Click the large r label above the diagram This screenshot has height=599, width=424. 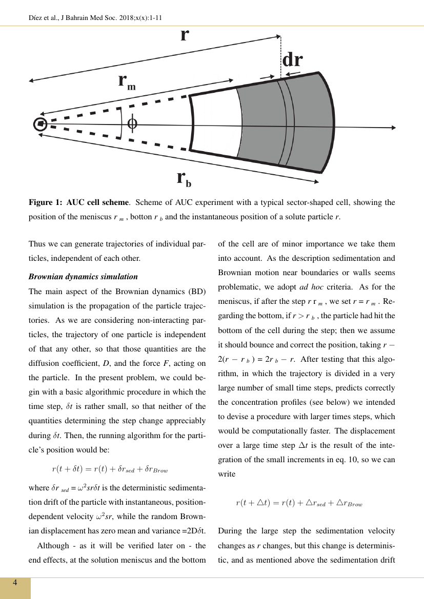click(185, 35)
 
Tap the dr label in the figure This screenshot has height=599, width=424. click(292, 60)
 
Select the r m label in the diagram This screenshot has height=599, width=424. click(127, 82)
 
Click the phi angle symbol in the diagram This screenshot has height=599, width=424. click(132, 123)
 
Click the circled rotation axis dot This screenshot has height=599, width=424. click(40, 123)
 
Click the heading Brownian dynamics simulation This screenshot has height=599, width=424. click(83, 277)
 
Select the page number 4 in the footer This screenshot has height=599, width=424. click(15, 583)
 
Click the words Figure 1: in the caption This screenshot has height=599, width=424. click(46, 202)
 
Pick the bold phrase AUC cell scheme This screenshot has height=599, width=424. click(97, 202)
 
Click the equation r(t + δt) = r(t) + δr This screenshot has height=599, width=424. click(110, 468)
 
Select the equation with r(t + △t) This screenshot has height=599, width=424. click(299, 503)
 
